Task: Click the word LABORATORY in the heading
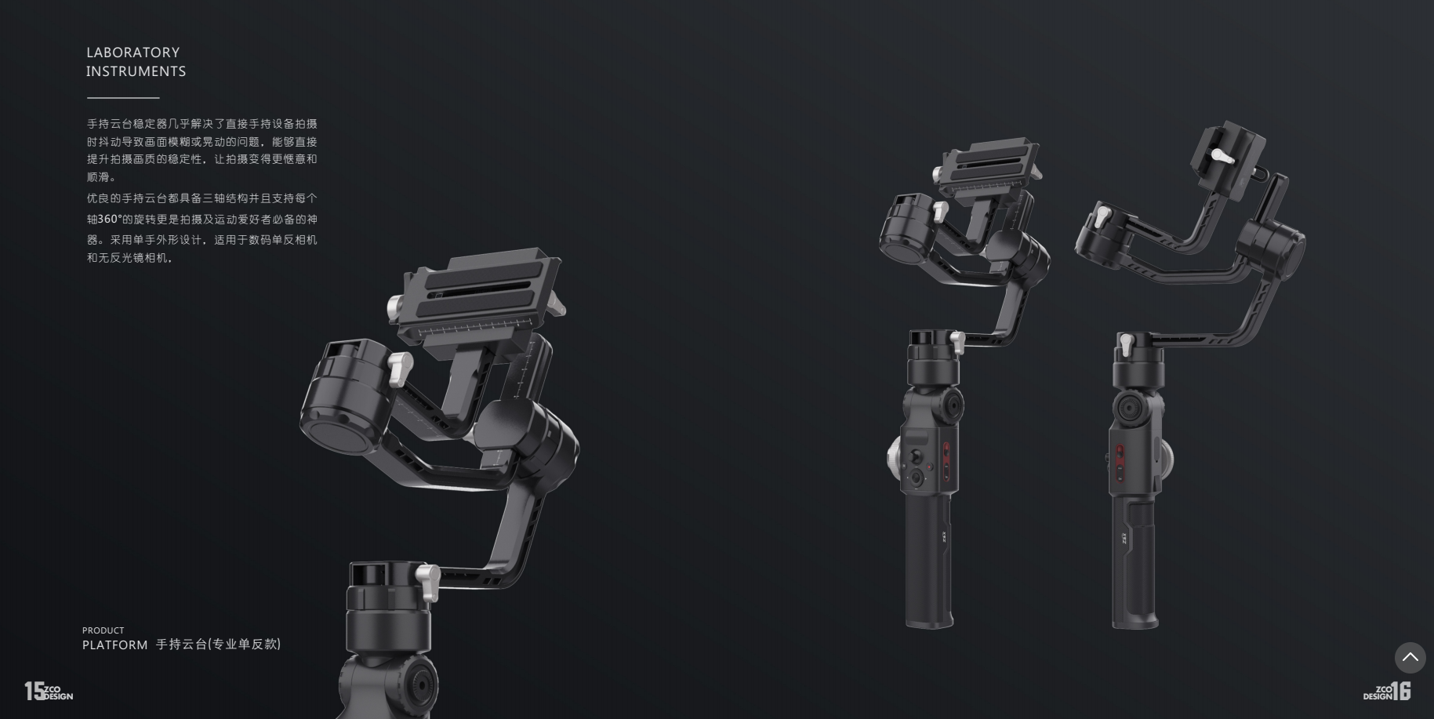(x=133, y=53)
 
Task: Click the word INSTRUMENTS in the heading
(x=136, y=71)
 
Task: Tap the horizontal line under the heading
(x=123, y=98)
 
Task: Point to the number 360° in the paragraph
(x=110, y=219)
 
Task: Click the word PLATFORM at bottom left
(x=114, y=645)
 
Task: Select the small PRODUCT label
(x=103, y=630)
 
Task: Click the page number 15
(x=34, y=691)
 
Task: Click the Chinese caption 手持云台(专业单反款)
(x=218, y=645)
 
